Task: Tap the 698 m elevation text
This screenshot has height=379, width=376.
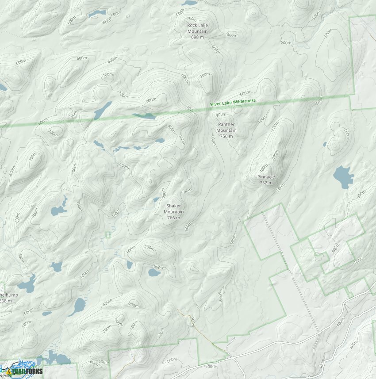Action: pyautogui.click(x=197, y=37)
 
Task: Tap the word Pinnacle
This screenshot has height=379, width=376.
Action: pyautogui.click(x=266, y=177)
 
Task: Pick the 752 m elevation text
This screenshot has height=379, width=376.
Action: pyautogui.click(x=266, y=183)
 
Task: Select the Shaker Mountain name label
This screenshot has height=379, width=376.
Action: pyautogui.click(x=173, y=209)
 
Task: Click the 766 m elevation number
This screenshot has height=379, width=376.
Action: pyautogui.click(x=173, y=218)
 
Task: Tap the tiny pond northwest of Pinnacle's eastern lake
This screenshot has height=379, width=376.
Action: pyautogui.click(x=325, y=144)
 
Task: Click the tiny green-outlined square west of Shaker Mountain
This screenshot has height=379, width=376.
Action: pyautogui.click(x=108, y=234)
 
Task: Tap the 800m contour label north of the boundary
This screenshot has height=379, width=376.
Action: pyautogui.click(x=151, y=100)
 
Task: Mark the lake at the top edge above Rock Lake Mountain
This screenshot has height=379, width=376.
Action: pyautogui.click(x=189, y=3)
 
